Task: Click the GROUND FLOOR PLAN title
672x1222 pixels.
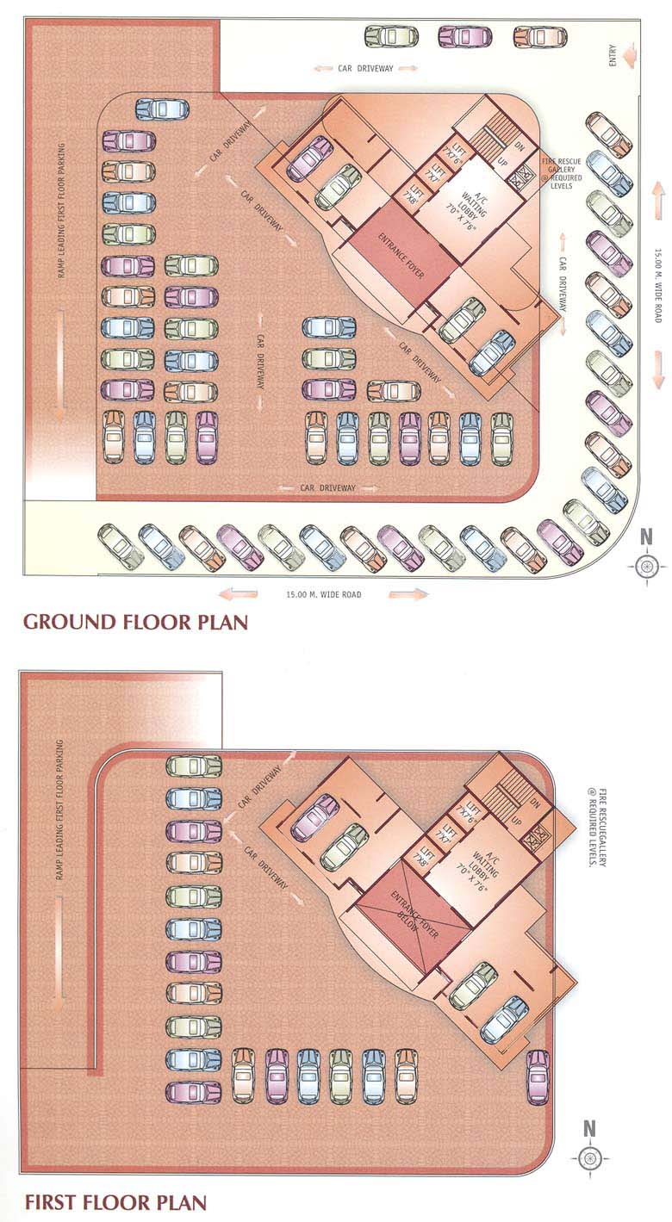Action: tap(135, 622)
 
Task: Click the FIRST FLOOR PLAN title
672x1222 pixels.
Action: tap(115, 1201)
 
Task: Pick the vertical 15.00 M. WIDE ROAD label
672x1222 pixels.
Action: tap(657, 285)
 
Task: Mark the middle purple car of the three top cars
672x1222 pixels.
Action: tap(464, 37)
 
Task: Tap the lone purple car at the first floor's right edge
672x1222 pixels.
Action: tap(537, 1076)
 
